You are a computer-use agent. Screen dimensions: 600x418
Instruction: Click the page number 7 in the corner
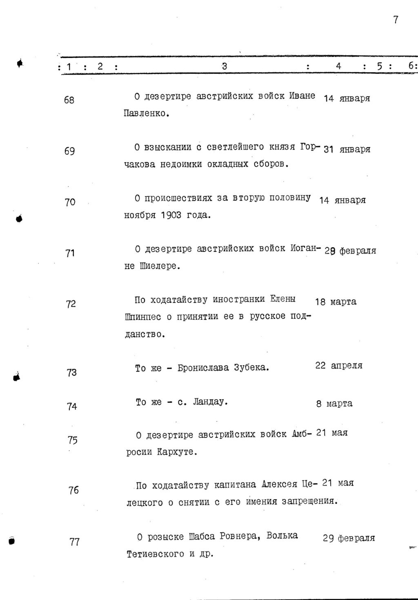396,20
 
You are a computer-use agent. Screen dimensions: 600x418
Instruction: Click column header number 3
225,66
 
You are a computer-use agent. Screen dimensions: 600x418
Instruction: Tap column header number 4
338,66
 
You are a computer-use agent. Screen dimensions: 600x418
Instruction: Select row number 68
69,100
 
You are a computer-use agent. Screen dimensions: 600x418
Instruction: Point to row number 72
71,304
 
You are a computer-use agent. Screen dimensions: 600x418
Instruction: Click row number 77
74,542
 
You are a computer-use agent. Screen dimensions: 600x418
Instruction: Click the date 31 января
347,149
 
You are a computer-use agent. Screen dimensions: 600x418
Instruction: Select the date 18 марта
336,302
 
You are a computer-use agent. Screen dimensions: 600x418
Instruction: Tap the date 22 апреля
338,365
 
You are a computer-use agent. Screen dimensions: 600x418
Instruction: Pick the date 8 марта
334,404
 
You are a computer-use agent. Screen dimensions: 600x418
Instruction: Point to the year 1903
171,215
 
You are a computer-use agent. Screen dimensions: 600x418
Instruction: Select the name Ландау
210,402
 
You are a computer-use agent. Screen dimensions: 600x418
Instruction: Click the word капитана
235,485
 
